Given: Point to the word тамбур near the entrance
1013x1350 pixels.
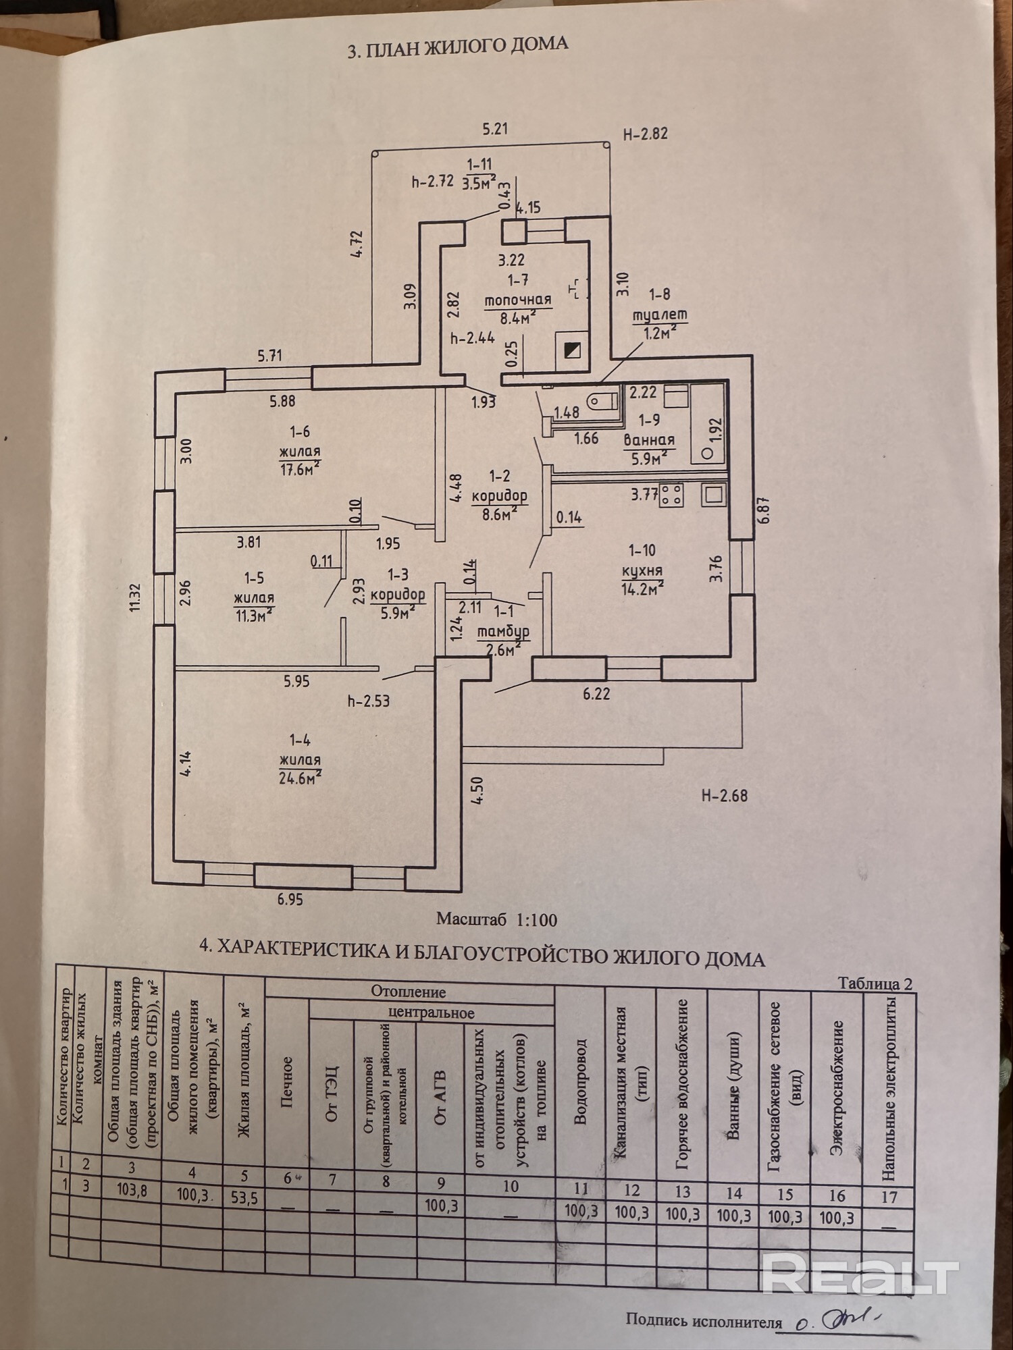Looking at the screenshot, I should [503, 632].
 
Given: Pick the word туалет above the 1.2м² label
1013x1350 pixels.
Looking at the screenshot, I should [659, 315].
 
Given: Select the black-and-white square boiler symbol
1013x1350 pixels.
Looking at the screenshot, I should [571, 350].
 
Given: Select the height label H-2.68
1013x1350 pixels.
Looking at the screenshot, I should [724, 795].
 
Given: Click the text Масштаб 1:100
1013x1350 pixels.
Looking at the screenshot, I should [496, 919].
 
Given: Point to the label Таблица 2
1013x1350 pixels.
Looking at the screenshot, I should [875, 983].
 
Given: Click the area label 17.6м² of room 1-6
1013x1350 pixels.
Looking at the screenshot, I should [299, 468].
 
